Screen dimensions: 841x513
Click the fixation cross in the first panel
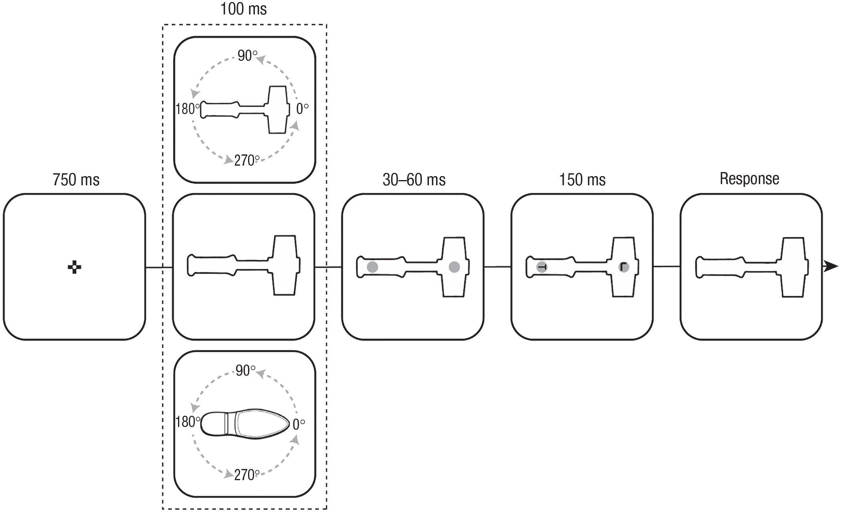click(74, 267)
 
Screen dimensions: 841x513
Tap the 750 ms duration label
click(76, 180)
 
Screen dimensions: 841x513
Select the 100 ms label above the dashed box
click(244, 9)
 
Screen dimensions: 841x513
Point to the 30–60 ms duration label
click(414, 180)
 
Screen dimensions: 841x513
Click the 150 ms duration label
click(582, 180)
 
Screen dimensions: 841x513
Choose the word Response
click(749, 179)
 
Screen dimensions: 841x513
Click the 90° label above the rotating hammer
click(247, 56)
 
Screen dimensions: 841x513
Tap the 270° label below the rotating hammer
click(247, 160)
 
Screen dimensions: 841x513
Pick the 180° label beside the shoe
click(188, 422)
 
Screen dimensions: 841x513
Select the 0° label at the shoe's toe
click(299, 424)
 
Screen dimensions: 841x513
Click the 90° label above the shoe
click(245, 371)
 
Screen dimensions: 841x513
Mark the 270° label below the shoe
click(247, 475)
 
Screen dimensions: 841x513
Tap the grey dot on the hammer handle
click(372, 267)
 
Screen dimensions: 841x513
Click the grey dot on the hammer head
click(454, 267)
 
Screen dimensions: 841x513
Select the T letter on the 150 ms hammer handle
click(542, 267)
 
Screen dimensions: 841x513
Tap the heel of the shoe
click(213, 424)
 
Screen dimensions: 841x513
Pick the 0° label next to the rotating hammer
click(302, 108)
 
